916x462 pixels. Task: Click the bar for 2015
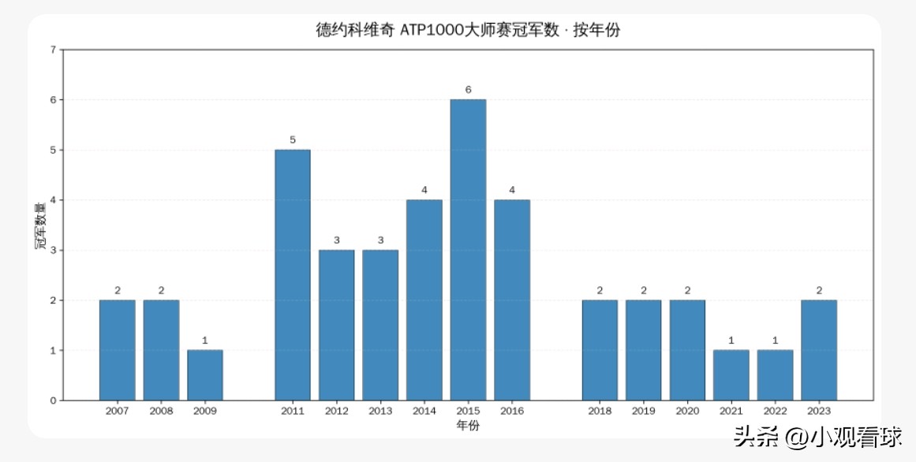pos(468,249)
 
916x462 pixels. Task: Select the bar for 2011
pos(293,274)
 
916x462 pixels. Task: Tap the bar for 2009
pos(205,374)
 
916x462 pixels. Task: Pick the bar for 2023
pos(818,349)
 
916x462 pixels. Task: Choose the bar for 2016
pos(512,300)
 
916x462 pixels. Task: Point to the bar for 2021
pos(731,374)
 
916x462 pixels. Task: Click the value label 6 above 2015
pos(468,90)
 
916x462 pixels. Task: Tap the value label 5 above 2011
pos(293,140)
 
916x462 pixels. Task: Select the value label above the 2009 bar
pos(205,341)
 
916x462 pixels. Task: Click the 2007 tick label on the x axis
pos(118,411)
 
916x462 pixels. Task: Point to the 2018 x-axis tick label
pos(600,411)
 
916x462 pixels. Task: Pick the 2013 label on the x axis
pos(380,411)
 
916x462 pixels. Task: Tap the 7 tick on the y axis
pos(53,50)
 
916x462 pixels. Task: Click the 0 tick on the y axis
pos(53,401)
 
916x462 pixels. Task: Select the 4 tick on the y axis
pos(53,200)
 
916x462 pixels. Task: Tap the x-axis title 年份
pos(467,426)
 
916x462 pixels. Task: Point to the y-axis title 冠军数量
pos(39,225)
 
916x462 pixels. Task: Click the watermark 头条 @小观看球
pos(818,436)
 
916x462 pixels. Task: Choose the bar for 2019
pos(643,349)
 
